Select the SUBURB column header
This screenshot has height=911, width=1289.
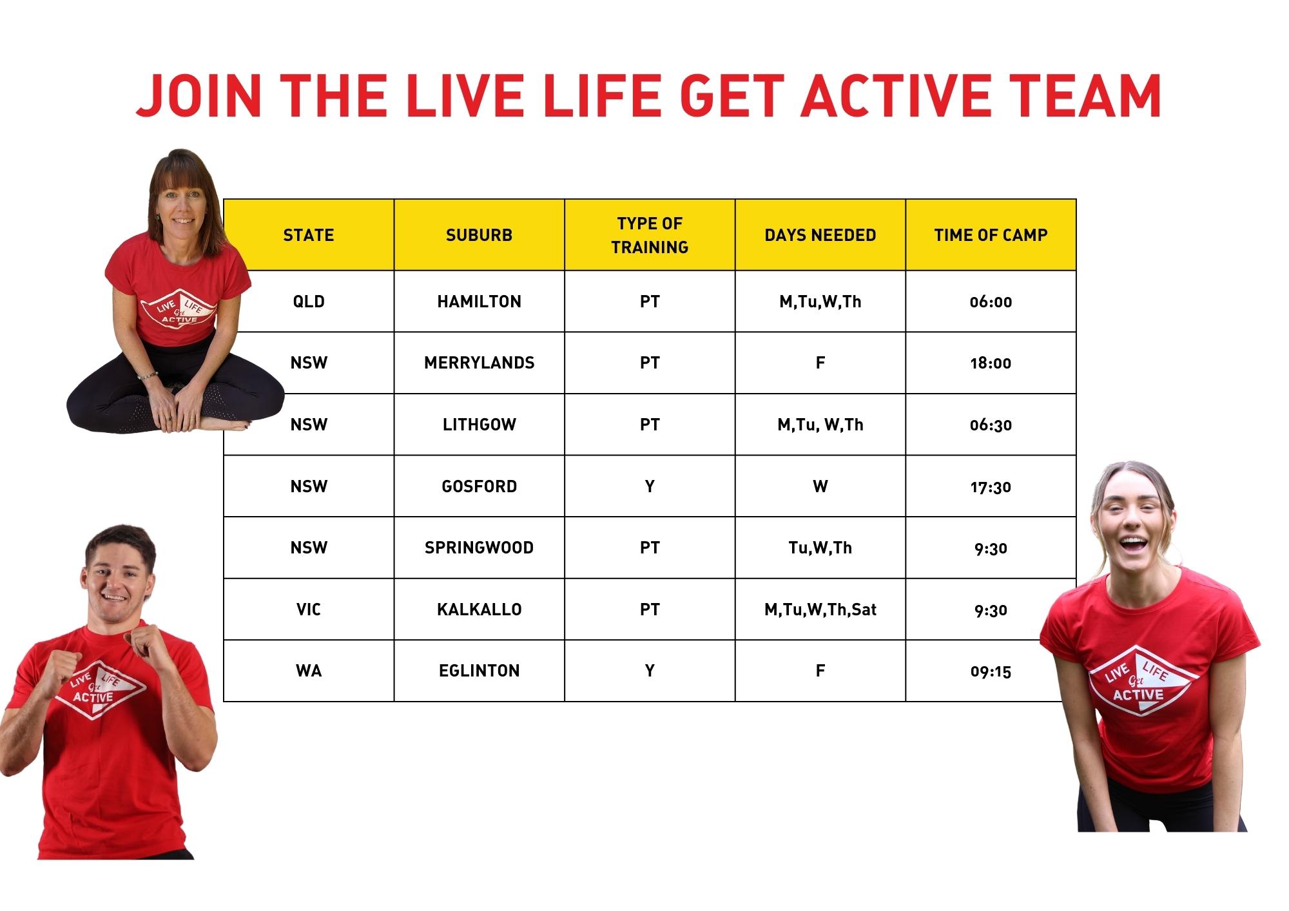click(x=479, y=235)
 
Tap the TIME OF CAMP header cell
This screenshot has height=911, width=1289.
click(x=991, y=235)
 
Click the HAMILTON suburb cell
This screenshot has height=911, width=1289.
click(x=479, y=302)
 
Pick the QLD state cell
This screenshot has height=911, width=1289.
click(x=309, y=302)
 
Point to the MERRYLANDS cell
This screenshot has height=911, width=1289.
click(x=479, y=363)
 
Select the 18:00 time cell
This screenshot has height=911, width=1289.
click(x=991, y=363)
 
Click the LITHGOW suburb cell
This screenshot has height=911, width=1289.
click(x=479, y=425)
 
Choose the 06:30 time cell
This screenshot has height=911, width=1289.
click(x=991, y=425)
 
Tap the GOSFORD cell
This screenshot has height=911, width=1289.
click(x=479, y=486)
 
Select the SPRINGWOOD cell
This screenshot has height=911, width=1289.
click(x=479, y=548)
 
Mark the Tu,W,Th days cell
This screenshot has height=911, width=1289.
click(x=820, y=548)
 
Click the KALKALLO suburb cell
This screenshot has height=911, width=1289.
click(x=479, y=609)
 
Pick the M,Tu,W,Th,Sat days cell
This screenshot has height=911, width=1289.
click(x=820, y=609)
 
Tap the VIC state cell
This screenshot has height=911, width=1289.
click(x=309, y=609)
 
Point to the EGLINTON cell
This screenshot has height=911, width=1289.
click(x=479, y=671)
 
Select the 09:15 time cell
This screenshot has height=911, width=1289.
click(x=991, y=671)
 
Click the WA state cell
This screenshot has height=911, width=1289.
click(x=309, y=671)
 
